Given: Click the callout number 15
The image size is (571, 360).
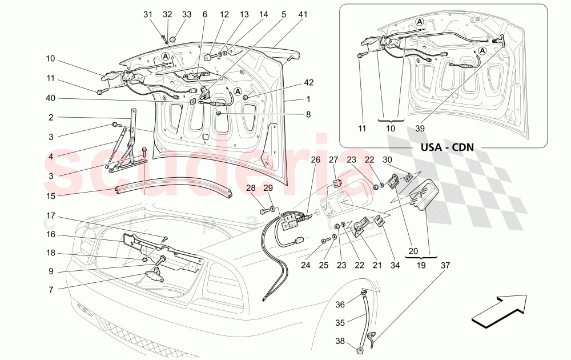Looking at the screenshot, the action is [x=51, y=195].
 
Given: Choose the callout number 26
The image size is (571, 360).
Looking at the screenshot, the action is [x=316, y=160].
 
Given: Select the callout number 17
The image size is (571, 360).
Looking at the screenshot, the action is [x=51, y=217].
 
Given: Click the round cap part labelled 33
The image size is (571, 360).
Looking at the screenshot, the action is [x=173, y=39].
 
